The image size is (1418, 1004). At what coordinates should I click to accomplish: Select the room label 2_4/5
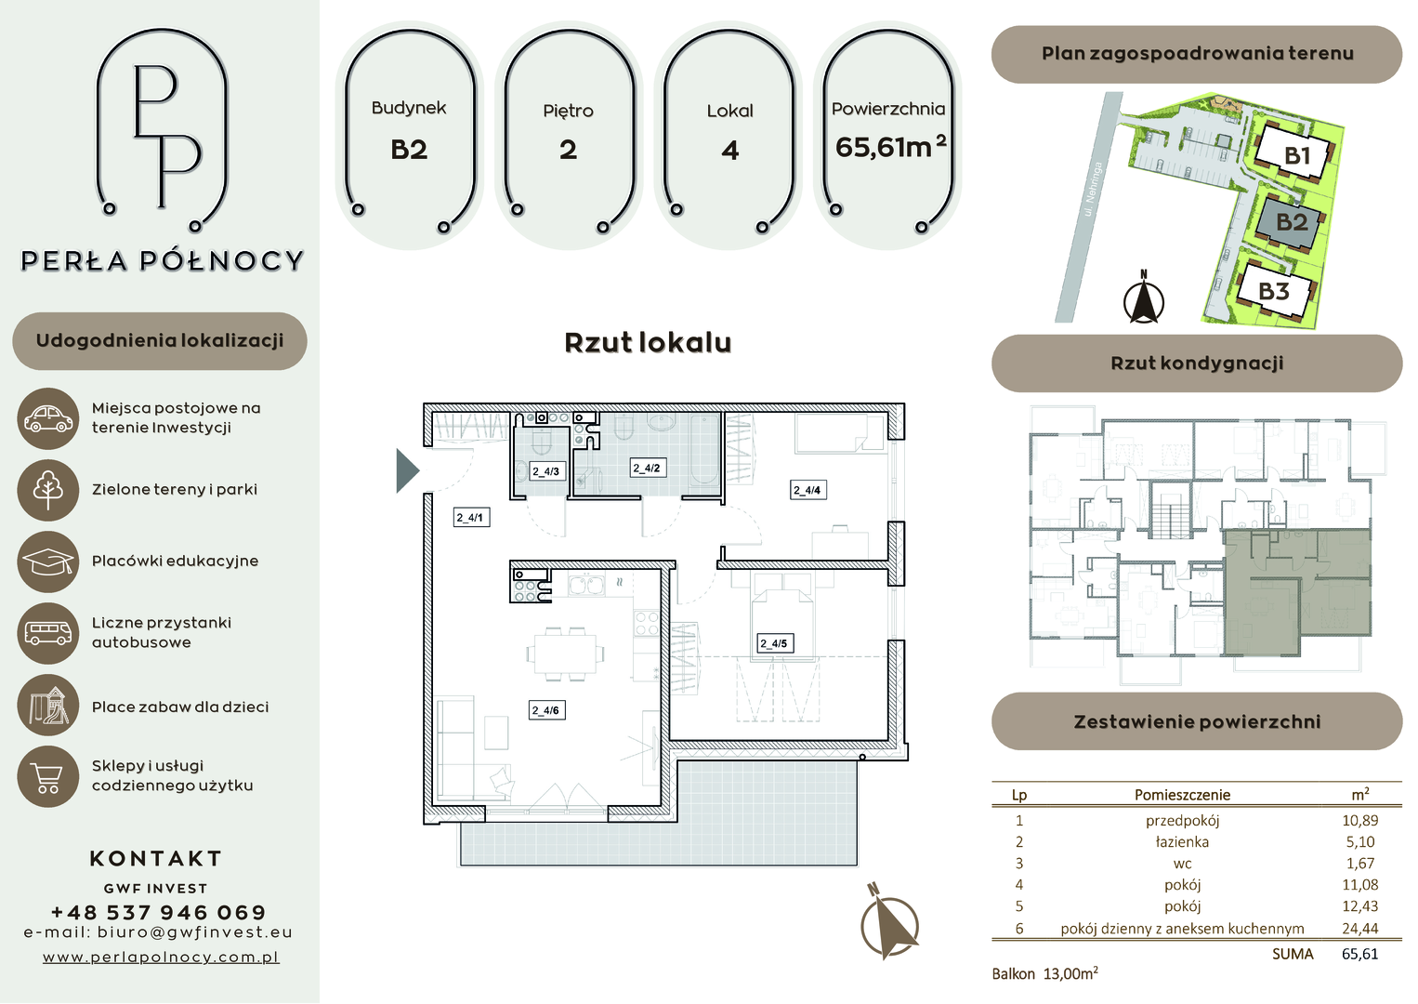[x=775, y=643]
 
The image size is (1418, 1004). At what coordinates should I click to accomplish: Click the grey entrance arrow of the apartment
[x=407, y=470]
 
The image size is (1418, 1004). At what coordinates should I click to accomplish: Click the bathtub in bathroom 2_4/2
[x=704, y=450]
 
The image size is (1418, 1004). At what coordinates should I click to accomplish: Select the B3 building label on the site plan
[x=1274, y=291]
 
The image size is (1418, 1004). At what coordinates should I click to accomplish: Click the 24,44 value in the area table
[x=1359, y=928]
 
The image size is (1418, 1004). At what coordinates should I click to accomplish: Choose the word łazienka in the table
[x=1182, y=842]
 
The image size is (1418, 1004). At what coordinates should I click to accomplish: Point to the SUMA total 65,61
[x=1359, y=954]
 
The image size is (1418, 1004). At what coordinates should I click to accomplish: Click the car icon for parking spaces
[x=48, y=418]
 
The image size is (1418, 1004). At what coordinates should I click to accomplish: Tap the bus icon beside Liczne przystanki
[x=48, y=633]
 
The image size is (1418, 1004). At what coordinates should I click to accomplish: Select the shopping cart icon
[x=48, y=776]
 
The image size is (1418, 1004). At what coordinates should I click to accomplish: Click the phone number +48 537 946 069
[x=158, y=912]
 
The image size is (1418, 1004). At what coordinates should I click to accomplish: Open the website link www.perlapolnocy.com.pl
[x=161, y=957]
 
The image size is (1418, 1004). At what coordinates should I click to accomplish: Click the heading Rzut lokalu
[x=648, y=343]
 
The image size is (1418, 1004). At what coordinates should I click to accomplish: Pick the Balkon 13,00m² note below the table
[x=1044, y=973]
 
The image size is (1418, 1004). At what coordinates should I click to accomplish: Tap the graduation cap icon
[x=48, y=561]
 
